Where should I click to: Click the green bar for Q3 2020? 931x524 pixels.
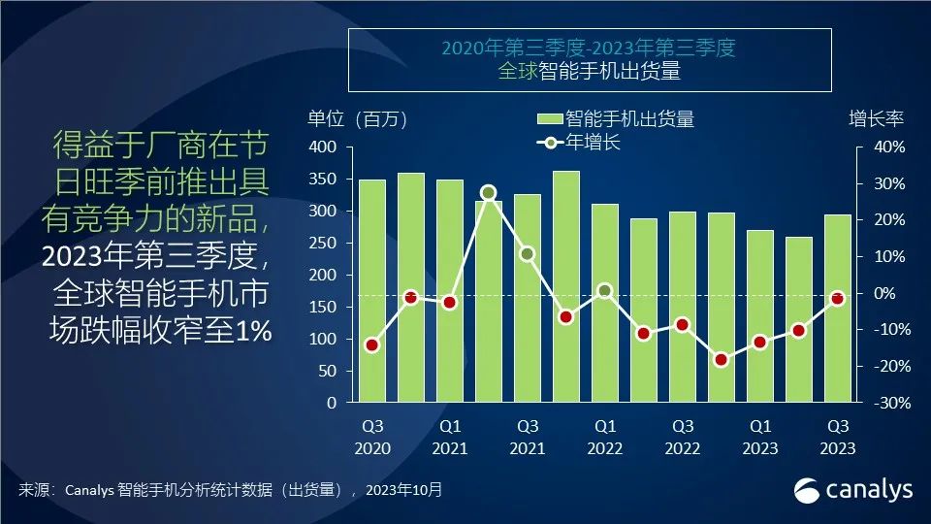pos(372,291)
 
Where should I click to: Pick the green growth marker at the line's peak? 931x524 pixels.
pos(489,193)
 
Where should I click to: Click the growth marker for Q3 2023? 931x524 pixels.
pos(838,299)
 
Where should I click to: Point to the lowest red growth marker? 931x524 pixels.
pos(722,360)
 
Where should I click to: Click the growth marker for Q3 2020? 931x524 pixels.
pos(372,344)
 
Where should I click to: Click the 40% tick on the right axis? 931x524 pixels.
pos(890,147)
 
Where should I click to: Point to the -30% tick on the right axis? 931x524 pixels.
pos(888,403)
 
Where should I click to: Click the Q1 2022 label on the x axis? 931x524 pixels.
pos(605,437)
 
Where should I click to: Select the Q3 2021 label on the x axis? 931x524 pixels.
pos(528,437)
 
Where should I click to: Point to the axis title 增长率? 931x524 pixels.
pos(876,119)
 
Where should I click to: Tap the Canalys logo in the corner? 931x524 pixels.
pos(853,490)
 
